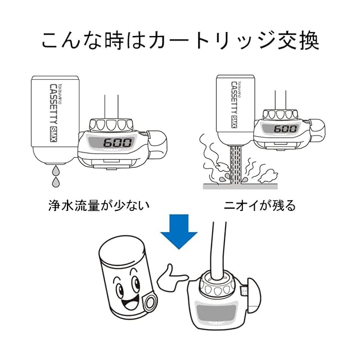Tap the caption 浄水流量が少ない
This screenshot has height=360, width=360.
(x=98, y=205)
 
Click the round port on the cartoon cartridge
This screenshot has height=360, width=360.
(x=150, y=303)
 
